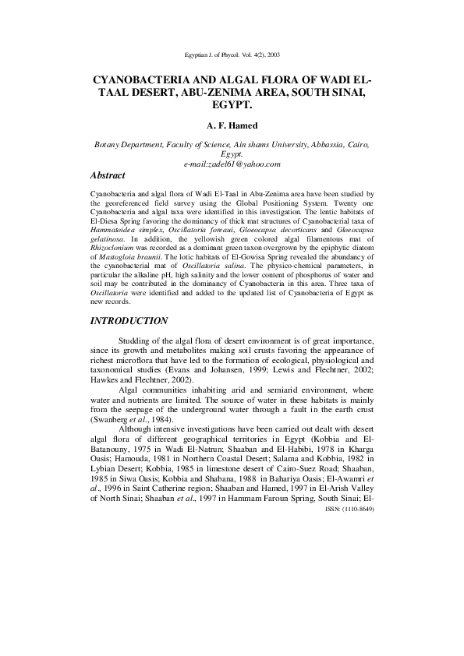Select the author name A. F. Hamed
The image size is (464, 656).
(x=232, y=124)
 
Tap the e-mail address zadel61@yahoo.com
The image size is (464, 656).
(x=232, y=164)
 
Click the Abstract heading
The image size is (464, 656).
(x=108, y=177)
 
